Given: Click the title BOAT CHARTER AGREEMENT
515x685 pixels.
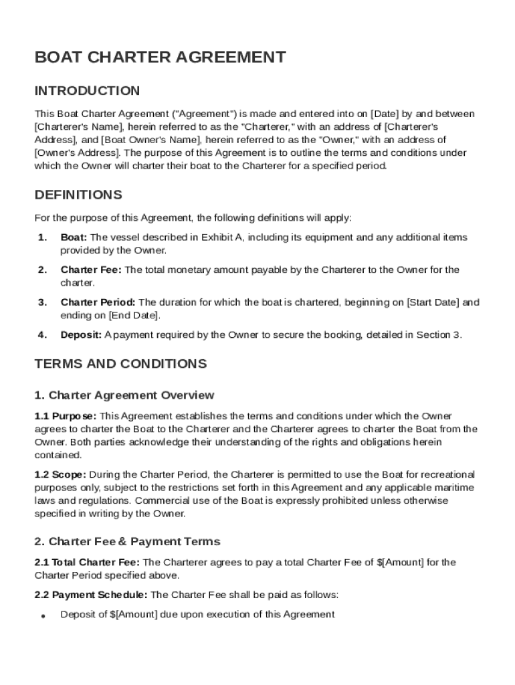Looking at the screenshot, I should coord(160,58).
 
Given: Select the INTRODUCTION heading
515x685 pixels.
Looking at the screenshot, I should coord(87,91).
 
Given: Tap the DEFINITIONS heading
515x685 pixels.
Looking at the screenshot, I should coord(78,195).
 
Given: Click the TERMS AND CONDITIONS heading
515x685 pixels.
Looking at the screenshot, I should coord(120,364).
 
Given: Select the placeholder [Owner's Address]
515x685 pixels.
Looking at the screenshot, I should coord(64,153).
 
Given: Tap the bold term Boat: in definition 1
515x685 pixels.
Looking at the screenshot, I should coord(74,237).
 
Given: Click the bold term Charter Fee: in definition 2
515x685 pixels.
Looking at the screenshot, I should coord(91,270).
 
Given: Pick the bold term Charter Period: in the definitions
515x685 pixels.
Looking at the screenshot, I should coord(98,302).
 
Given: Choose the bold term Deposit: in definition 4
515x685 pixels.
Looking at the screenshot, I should coord(81,334).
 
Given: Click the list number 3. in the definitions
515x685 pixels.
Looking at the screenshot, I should coord(42,302).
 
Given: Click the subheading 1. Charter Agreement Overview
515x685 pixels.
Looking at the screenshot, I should coord(124,395).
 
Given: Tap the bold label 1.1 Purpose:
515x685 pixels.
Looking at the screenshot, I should coord(66,416).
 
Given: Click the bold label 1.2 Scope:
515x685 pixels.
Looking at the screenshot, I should coord(61,474).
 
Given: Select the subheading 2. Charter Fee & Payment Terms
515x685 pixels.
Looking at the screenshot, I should coord(127,541).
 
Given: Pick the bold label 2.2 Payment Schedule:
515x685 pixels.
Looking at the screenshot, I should coord(92,595).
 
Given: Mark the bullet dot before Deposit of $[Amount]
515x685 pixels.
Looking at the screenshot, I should coord(42,615).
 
